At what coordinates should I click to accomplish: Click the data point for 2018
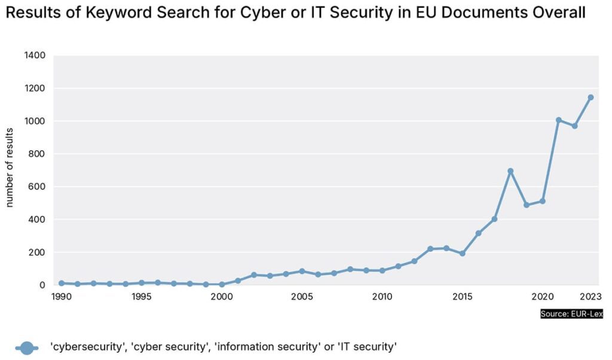(510, 171)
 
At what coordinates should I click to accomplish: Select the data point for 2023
(590, 97)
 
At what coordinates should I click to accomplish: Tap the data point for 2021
(558, 120)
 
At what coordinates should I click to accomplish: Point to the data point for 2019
(527, 205)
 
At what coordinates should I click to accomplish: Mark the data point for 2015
(462, 254)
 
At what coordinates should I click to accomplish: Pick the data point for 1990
(62, 283)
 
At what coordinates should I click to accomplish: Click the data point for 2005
(302, 271)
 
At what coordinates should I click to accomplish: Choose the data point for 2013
(430, 249)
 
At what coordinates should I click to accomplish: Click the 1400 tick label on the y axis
(35, 56)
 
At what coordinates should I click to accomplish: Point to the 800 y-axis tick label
(38, 154)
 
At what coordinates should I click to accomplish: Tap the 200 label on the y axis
(38, 252)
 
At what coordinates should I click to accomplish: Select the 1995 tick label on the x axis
(141, 296)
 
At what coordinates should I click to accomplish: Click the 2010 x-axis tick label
(382, 296)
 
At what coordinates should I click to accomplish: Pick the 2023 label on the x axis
(589, 296)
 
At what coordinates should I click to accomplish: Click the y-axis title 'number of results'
(10, 167)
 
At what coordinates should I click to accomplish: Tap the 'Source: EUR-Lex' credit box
(571, 314)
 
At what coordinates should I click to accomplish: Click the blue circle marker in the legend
(27, 347)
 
